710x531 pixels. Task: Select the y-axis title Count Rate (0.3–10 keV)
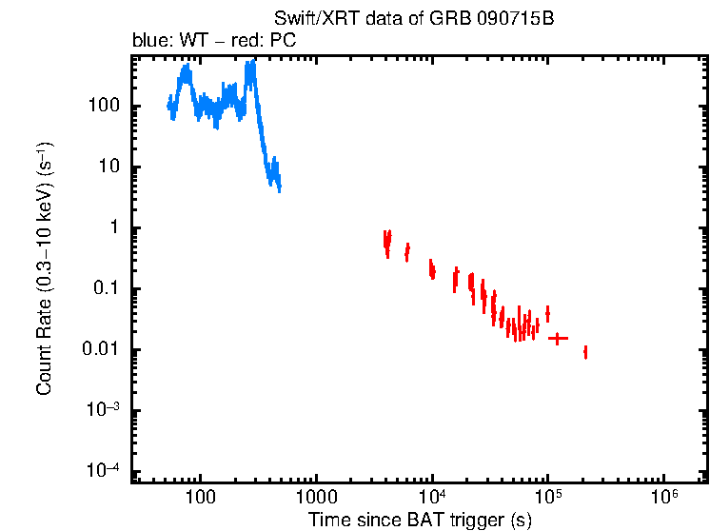click(44, 268)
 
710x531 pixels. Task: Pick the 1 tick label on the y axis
click(111, 228)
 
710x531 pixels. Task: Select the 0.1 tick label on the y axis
click(105, 289)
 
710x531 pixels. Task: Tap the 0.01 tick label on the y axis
click(100, 350)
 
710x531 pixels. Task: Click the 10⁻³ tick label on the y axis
click(102, 410)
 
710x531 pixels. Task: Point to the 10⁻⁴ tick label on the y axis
click(102, 471)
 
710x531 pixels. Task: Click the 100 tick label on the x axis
click(201, 498)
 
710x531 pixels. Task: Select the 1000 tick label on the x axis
click(316, 498)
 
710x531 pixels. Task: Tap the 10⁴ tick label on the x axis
click(432, 497)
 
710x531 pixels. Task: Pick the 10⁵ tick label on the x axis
click(548, 497)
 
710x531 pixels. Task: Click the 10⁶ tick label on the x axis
click(663, 497)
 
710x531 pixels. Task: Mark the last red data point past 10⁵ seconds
click(585, 352)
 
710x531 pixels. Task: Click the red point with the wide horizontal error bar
click(557, 338)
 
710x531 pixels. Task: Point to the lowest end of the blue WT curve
click(279, 188)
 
